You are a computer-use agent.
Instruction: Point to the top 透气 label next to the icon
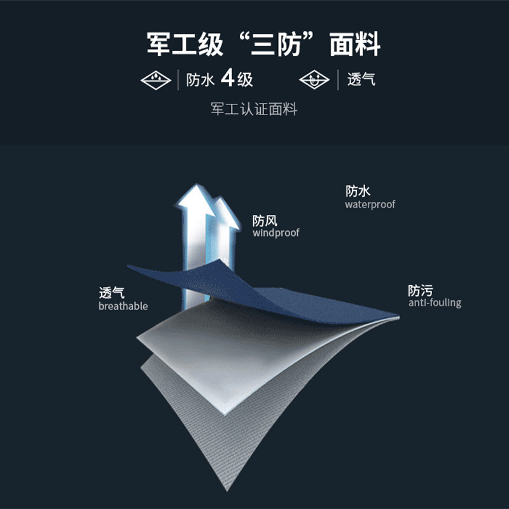coord(361,80)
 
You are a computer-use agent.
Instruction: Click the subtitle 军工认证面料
coord(254,109)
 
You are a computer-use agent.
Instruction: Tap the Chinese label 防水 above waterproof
coord(358,191)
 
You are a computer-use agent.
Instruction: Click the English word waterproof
coord(370,205)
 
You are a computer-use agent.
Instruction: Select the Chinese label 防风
coord(265,221)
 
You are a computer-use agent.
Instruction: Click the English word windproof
coord(275,233)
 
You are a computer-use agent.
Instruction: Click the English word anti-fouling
coord(435,303)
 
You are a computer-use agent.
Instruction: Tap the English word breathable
coord(123,306)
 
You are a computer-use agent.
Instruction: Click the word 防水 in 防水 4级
coord(199,80)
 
